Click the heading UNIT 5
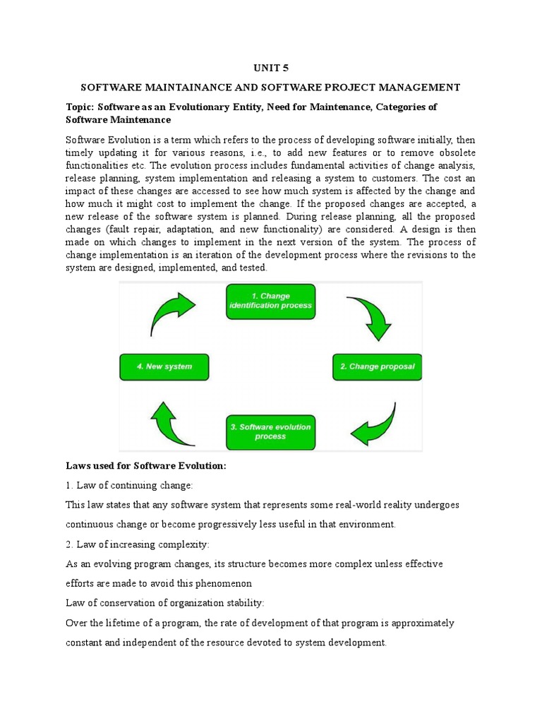pyautogui.click(x=271, y=68)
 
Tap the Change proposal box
pyautogui.click(x=377, y=366)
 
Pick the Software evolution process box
pyautogui.click(x=270, y=432)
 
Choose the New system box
pyautogui.click(x=164, y=366)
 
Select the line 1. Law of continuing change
pyautogui.click(x=129, y=486)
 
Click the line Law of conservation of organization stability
pyautogui.click(x=164, y=603)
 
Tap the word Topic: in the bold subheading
pyautogui.click(x=80, y=107)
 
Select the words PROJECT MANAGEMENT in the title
pyautogui.click(x=399, y=88)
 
